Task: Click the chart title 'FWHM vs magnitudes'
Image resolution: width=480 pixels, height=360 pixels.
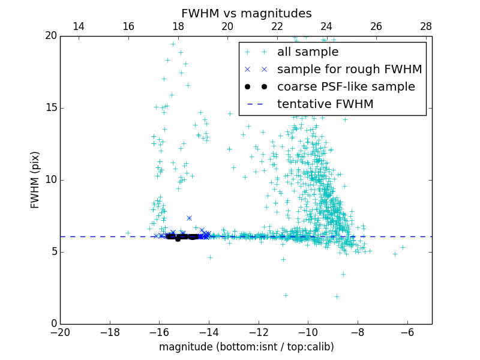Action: point(246,13)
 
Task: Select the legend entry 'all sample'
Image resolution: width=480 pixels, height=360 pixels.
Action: point(308,52)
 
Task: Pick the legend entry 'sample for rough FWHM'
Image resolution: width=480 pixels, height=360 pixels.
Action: point(349,69)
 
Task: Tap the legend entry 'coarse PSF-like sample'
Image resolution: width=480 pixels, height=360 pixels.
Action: point(346,86)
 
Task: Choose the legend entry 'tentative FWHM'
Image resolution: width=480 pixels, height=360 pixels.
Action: point(325,104)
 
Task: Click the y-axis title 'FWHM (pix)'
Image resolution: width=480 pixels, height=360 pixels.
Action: point(35,180)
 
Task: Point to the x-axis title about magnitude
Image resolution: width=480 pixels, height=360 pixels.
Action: point(246,347)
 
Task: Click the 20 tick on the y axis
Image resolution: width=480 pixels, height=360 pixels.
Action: point(49,36)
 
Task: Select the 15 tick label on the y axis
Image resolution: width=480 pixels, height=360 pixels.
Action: point(49,108)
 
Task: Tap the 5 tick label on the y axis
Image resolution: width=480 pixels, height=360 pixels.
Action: point(52,252)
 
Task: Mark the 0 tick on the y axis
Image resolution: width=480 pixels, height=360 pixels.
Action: point(52,324)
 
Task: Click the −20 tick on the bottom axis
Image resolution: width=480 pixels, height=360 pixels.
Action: point(60,332)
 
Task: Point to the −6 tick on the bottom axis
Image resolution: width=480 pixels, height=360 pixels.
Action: point(407,332)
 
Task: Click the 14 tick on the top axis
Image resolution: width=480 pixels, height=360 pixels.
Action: point(79,26)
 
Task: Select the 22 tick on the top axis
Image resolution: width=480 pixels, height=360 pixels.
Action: point(277,26)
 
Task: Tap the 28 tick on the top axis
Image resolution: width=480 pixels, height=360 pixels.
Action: point(426,26)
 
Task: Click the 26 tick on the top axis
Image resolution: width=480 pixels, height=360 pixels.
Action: point(376,26)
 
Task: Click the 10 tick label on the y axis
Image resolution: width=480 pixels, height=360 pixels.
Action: point(49,180)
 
